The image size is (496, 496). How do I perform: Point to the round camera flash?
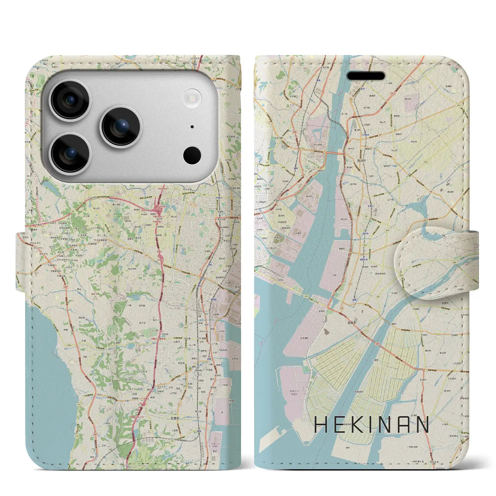(x=193, y=96)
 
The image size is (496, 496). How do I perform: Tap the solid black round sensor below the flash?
(x=192, y=155)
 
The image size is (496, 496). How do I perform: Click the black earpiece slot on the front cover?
(x=365, y=75)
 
